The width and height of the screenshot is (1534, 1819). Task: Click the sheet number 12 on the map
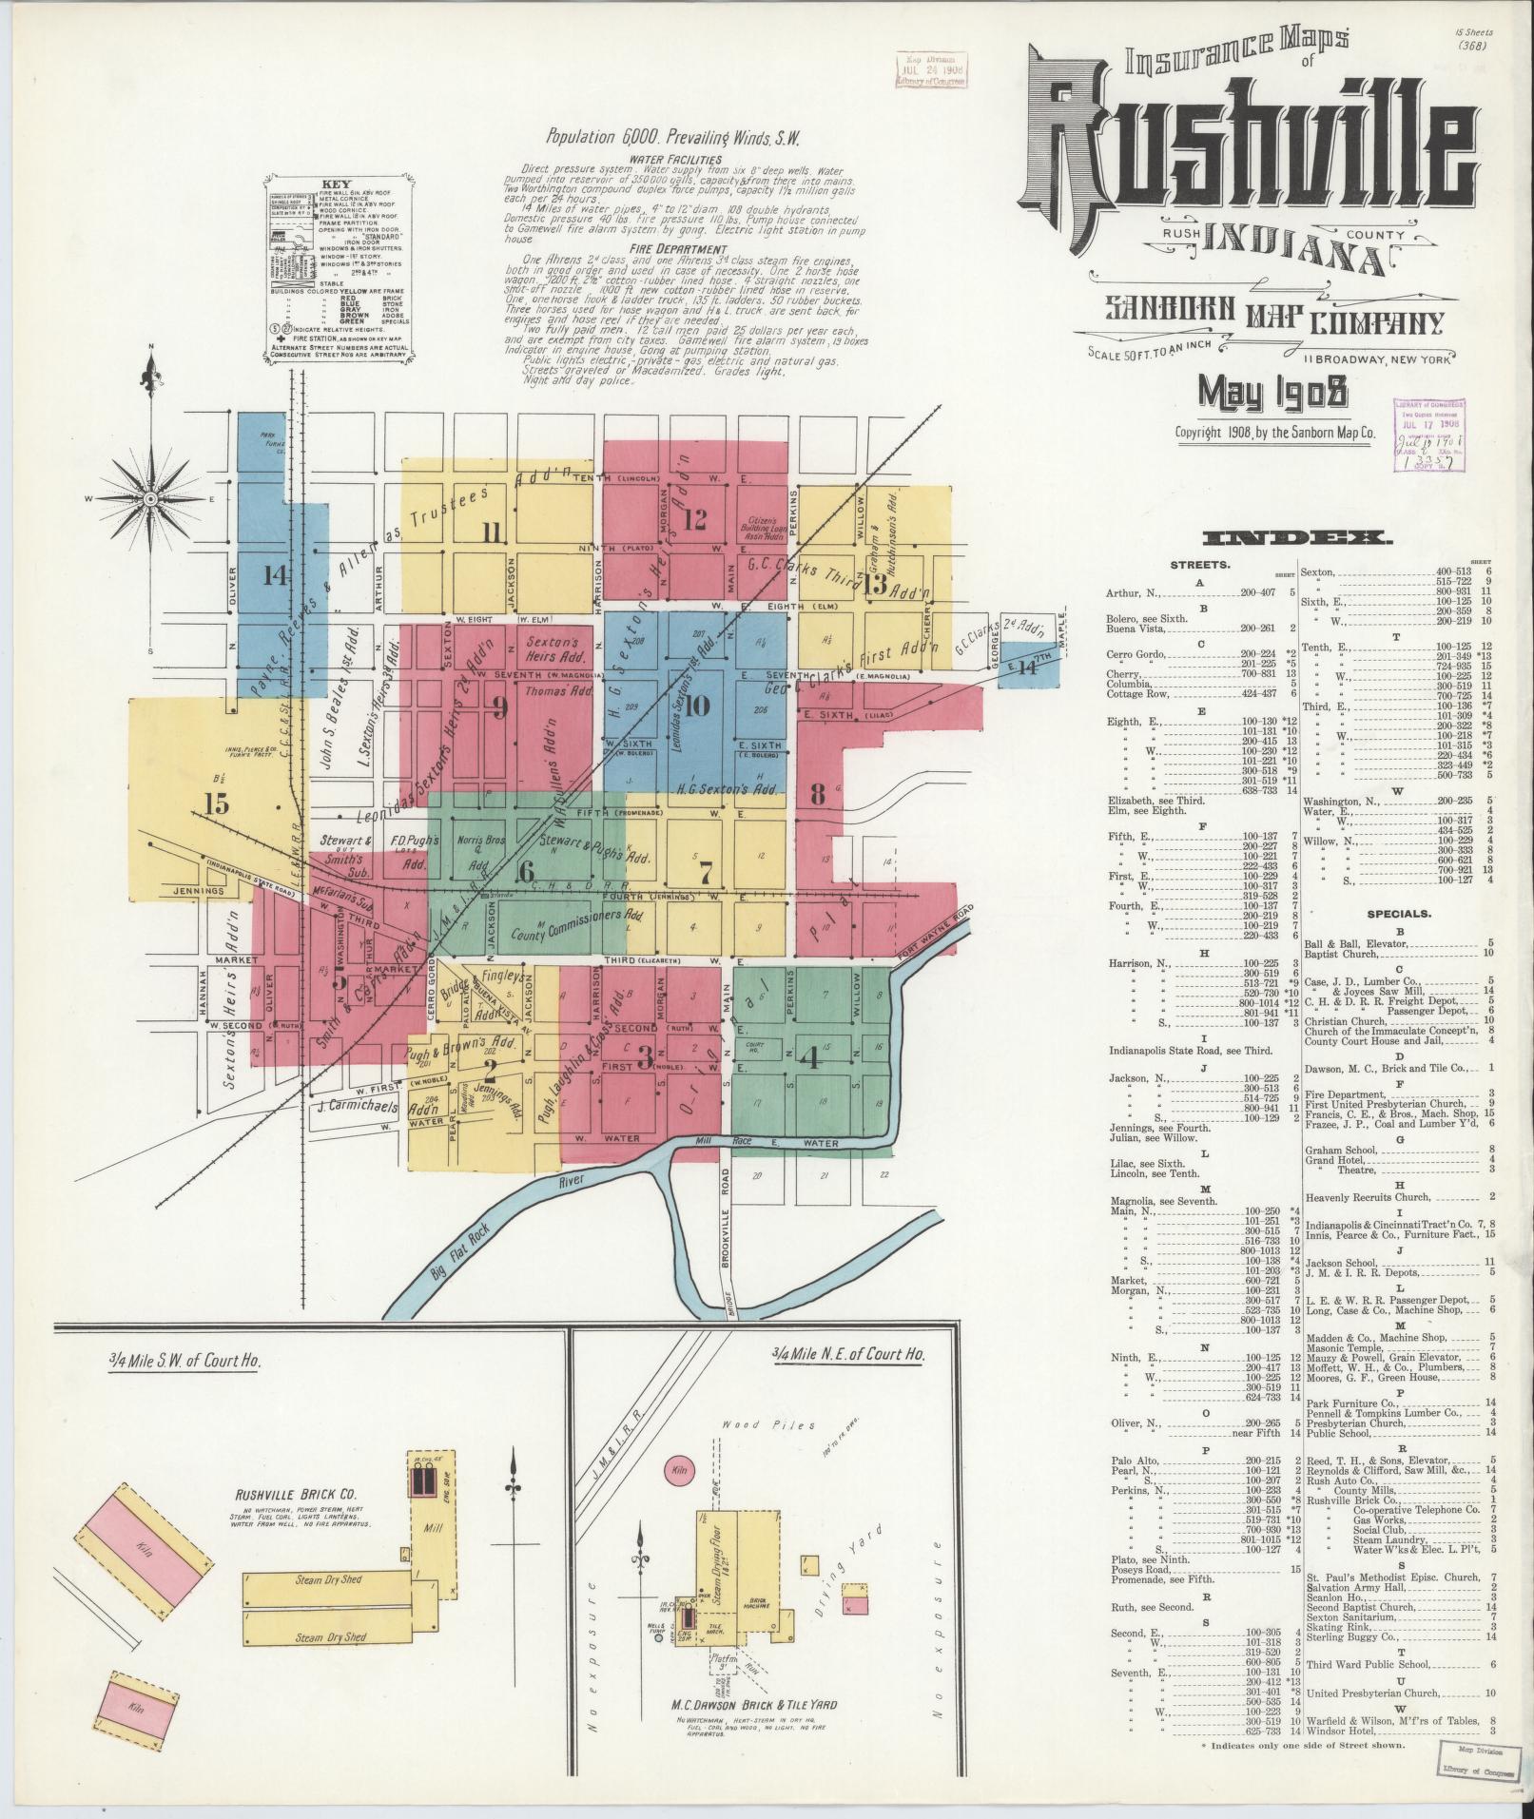pyautogui.click(x=694, y=518)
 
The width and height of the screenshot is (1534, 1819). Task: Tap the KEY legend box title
pyautogui.click(x=337, y=184)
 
